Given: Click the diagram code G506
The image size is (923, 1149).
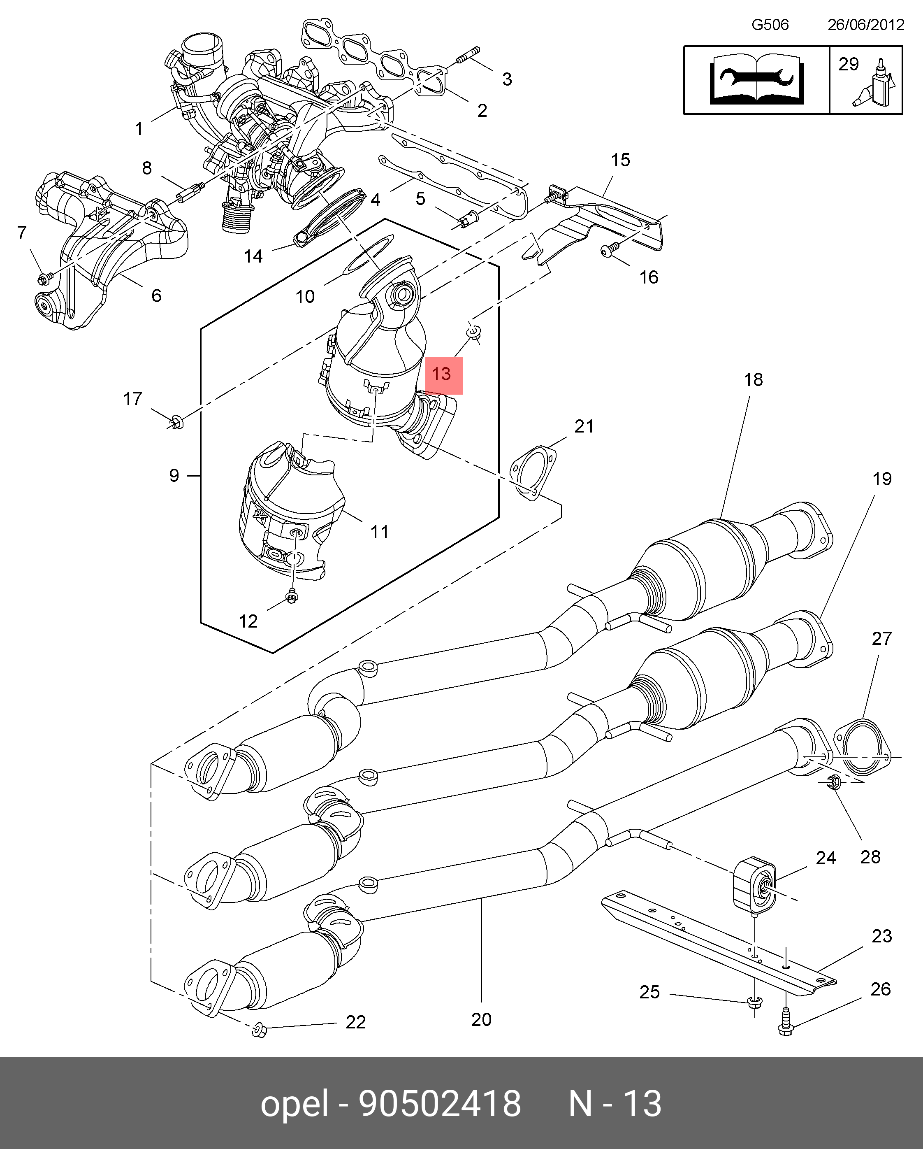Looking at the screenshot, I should (x=770, y=25).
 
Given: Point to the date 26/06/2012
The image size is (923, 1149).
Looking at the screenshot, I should (x=865, y=25).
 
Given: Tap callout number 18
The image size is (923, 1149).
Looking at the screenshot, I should (x=753, y=380).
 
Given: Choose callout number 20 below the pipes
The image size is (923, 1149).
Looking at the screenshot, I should (x=481, y=1019).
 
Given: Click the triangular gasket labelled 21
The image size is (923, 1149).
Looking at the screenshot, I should (x=533, y=475).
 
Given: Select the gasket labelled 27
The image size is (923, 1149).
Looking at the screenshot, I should (x=862, y=748).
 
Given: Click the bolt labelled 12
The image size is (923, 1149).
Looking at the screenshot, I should (x=291, y=596).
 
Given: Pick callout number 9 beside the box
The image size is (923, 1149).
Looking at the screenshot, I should (x=174, y=475).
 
